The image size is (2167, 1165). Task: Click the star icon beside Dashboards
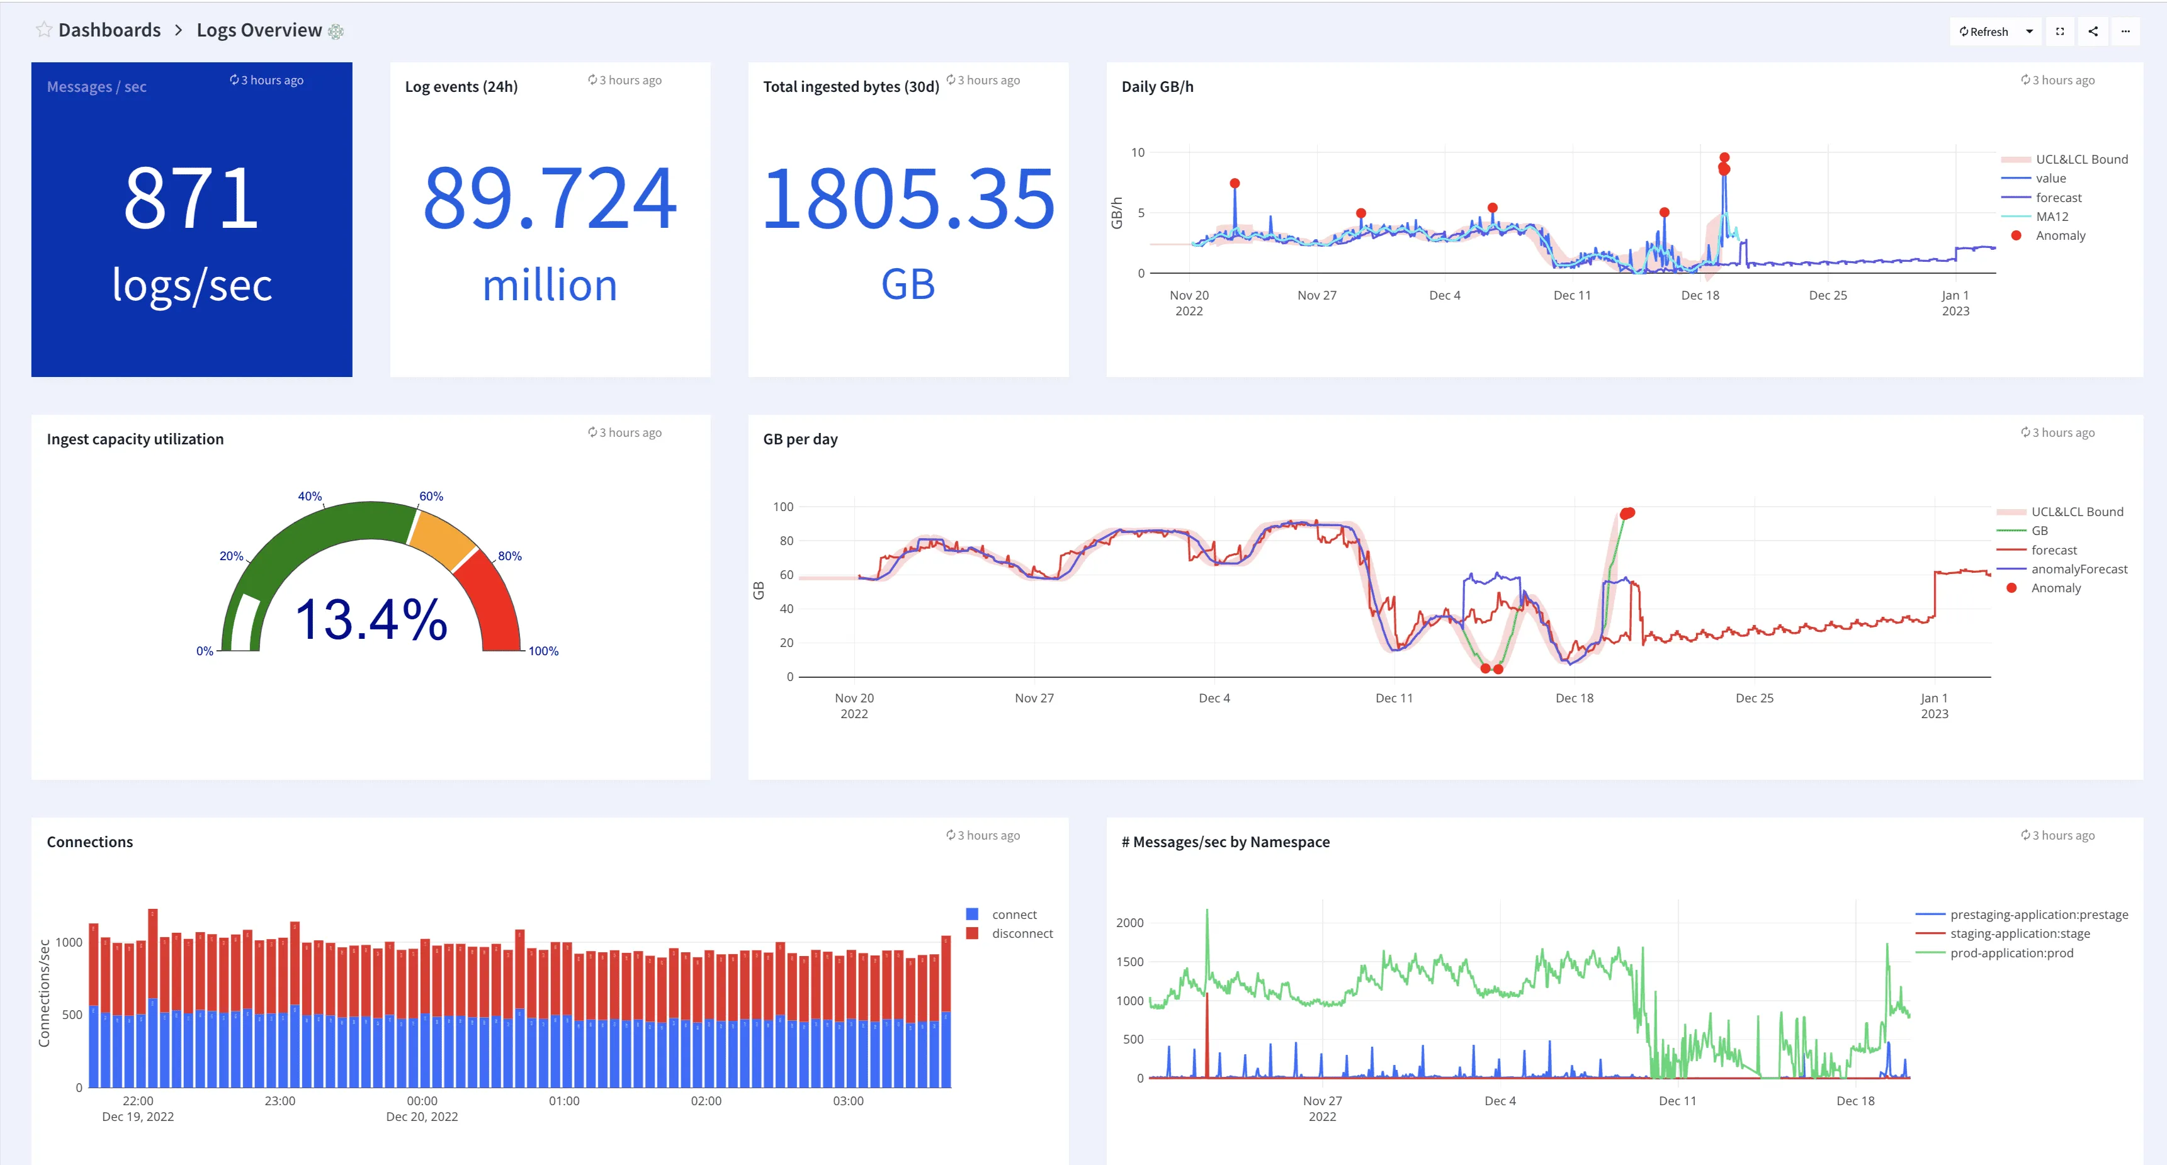pyautogui.click(x=43, y=30)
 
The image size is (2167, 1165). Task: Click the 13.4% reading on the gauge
pyautogui.click(x=371, y=619)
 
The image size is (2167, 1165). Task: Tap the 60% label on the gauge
pyautogui.click(x=431, y=497)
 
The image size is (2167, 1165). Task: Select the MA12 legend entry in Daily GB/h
pyautogui.click(x=2052, y=216)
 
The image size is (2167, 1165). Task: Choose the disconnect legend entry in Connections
pyautogui.click(x=1021, y=933)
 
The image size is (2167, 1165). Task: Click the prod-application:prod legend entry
pyautogui.click(x=2011, y=953)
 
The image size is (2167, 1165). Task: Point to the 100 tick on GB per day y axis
pyautogui.click(x=783, y=507)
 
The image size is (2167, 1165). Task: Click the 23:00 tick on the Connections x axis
pyautogui.click(x=280, y=1101)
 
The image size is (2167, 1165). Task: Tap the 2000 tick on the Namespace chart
pyautogui.click(x=1129, y=923)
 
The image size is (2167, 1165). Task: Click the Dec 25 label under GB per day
pyautogui.click(x=1754, y=698)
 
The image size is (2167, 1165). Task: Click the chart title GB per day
pyautogui.click(x=800, y=439)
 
